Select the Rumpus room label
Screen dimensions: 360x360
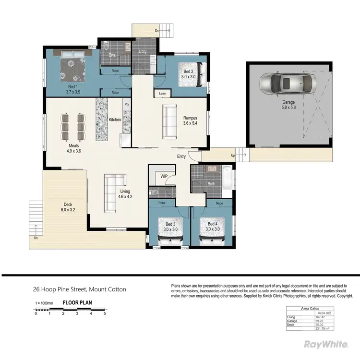(x=190, y=120)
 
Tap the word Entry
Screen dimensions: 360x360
(x=181, y=156)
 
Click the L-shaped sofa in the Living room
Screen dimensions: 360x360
(x=113, y=192)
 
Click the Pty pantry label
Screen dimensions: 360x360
(x=127, y=104)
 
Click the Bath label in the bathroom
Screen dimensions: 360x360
(x=212, y=183)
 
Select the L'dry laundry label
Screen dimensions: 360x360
(x=143, y=51)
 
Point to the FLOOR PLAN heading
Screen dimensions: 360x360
(x=78, y=303)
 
